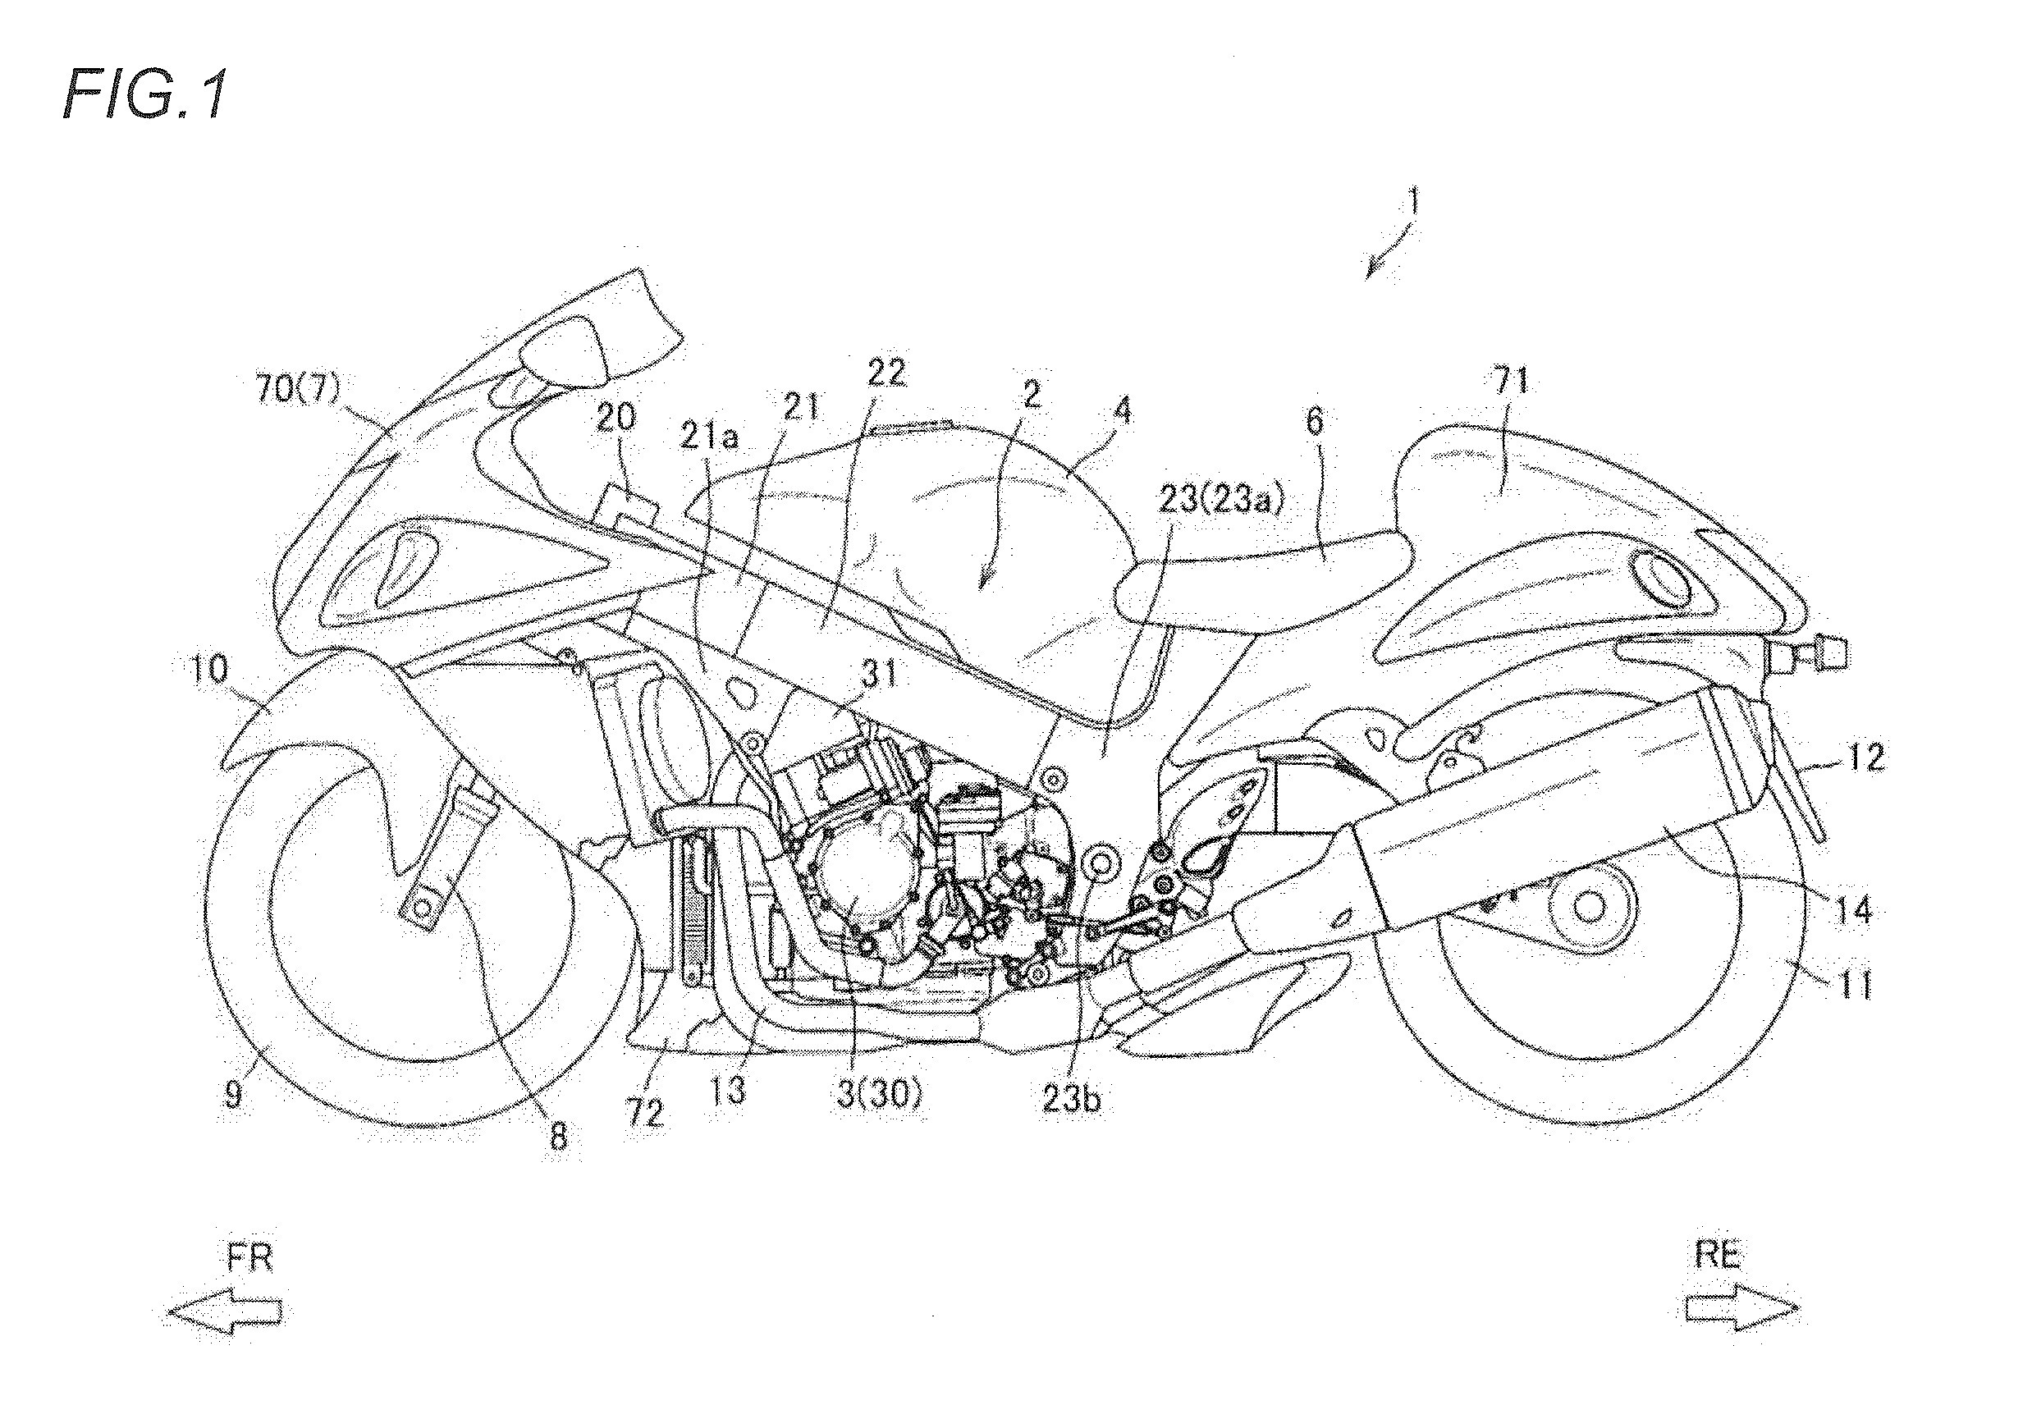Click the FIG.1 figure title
click(x=146, y=95)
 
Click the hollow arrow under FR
click(x=225, y=1311)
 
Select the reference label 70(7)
click(x=298, y=389)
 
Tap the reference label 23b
click(x=1072, y=1100)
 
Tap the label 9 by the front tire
click(x=233, y=1096)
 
